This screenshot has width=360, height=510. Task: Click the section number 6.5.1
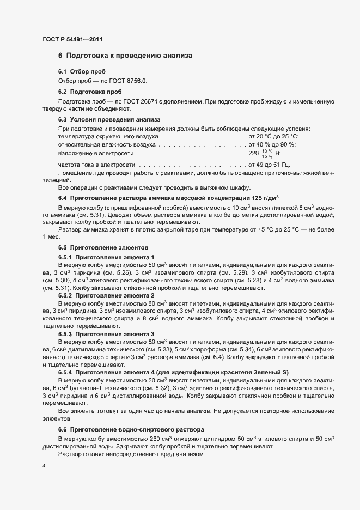coord(65,256)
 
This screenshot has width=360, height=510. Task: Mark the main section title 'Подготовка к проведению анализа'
coord(129,56)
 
